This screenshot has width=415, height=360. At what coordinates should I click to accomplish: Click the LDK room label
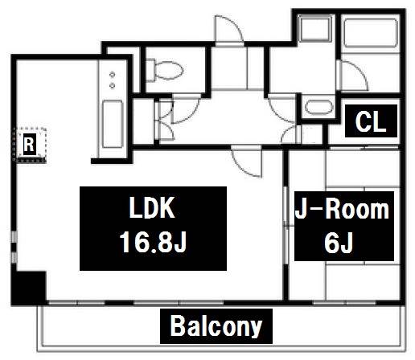coord(152,207)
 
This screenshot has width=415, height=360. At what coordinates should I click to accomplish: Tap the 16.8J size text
coord(153,242)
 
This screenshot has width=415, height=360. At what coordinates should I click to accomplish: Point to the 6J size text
coord(339,243)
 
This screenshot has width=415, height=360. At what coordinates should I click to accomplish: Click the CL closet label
coord(371,121)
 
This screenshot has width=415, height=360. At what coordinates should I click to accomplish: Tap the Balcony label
coord(216,326)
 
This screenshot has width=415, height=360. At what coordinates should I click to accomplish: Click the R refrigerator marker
coord(29,145)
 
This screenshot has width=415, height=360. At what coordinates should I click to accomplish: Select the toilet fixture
coord(164,70)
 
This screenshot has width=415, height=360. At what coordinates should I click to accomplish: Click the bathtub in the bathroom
coord(371,33)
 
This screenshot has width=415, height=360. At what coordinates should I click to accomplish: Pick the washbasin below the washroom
coord(319,107)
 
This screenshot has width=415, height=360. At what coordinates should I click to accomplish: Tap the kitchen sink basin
coord(113,124)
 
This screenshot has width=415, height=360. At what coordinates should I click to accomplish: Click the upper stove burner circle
coord(113,74)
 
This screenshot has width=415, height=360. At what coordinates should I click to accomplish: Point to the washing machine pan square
coord(315,29)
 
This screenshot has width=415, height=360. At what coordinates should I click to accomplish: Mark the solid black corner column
coord(28,288)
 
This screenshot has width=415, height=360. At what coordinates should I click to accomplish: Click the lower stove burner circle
coord(113,85)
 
